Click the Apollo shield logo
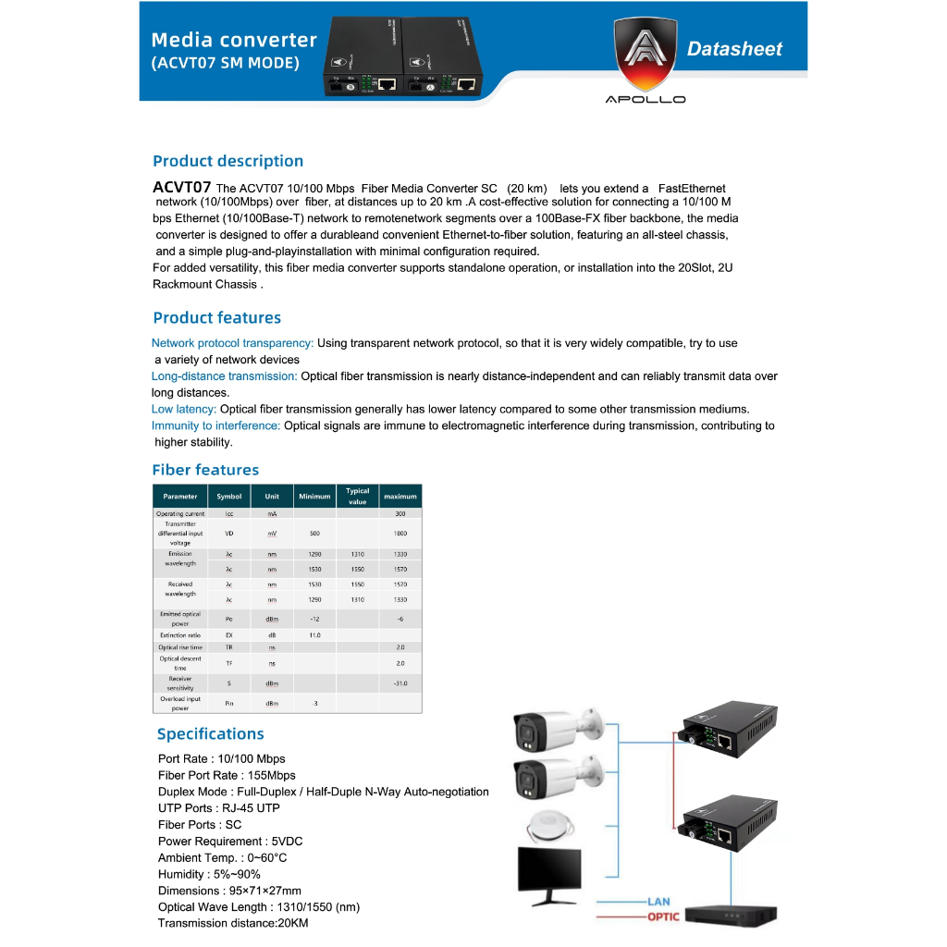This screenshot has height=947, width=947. (645, 55)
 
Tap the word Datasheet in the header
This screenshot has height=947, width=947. (734, 50)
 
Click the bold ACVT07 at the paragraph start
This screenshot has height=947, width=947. (182, 188)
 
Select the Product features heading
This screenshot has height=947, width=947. (216, 318)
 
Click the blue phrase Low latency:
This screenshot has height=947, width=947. (184, 409)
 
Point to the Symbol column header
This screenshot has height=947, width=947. (228, 497)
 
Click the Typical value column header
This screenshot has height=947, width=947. (357, 497)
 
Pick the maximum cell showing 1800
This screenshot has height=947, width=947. (400, 534)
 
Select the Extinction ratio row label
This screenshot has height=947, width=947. (180, 635)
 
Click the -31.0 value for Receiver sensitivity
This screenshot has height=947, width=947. (400, 683)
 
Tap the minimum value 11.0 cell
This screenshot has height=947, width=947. (314, 635)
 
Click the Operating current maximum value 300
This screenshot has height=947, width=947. (400, 513)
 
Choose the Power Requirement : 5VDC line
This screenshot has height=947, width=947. (230, 842)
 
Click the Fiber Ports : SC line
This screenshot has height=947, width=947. (200, 825)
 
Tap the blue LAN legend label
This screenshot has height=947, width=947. (658, 902)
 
